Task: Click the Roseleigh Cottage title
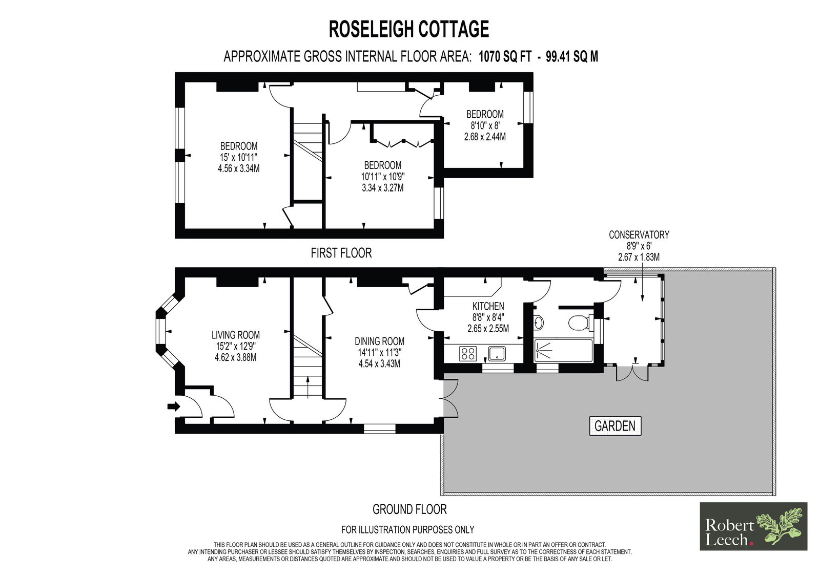click(x=409, y=29)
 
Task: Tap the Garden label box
click(x=615, y=426)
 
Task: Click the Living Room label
click(x=236, y=335)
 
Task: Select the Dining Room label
click(x=380, y=341)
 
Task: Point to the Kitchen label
click(x=488, y=306)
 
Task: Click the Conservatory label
click(x=639, y=235)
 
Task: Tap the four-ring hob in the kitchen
click(x=468, y=354)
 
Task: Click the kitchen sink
click(x=497, y=354)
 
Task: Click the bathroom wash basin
click(x=539, y=322)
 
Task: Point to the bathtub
click(x=563, y=350)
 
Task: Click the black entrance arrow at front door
click(x=174, y=406)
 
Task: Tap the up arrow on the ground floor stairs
click(x=307, y=387)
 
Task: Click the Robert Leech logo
click(x=754, y=526)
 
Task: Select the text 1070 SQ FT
click(x=505, y=57)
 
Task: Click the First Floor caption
click(x=341, y=253)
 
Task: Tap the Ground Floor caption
click(x=409, y=509)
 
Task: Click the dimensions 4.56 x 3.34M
click(x=239, y=168)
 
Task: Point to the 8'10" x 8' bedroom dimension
click(x=485, y=125)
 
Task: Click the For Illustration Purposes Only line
click(x=408, y=529)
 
